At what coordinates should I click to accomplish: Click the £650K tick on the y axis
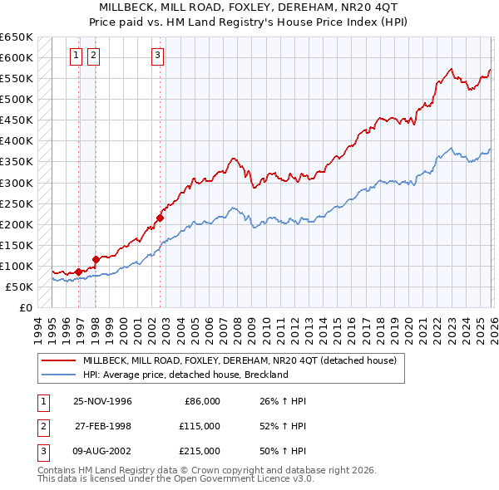point(17,37)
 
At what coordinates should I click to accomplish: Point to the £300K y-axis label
point(17,183)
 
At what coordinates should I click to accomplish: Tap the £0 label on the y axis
point(25,307)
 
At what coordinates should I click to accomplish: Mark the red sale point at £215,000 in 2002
point(160,218)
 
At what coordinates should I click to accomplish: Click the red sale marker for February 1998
point(96,259)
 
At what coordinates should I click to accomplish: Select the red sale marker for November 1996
point(78,272)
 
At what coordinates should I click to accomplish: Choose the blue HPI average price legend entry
point(185,375)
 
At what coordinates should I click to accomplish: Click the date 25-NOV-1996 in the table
point(102,401)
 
